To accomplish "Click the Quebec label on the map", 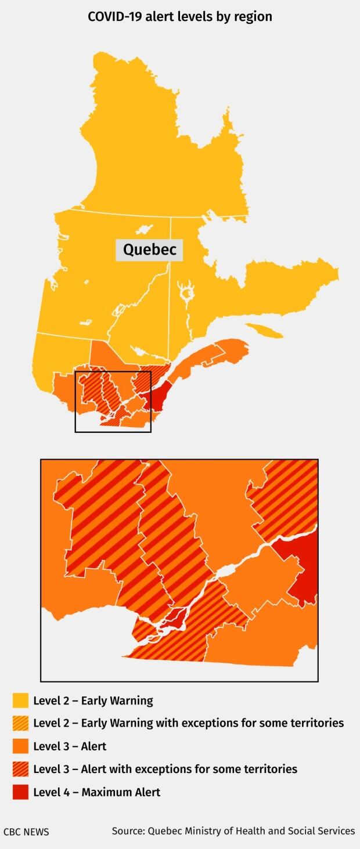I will (149, 250).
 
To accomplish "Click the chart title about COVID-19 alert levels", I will (180, 17).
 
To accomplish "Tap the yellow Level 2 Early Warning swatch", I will (20, 700).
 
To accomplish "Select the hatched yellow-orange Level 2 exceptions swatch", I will (20, 723).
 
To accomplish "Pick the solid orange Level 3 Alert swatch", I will (20, 746).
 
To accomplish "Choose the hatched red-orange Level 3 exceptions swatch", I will (20, 769).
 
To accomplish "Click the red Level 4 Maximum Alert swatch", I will (20, 792).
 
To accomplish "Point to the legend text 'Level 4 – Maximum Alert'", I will (96, 792).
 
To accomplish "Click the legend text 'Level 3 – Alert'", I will (70, 746).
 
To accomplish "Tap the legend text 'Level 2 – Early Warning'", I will (93, 700).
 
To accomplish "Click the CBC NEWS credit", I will (26, 832).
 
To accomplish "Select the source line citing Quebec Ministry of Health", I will (233, 831).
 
